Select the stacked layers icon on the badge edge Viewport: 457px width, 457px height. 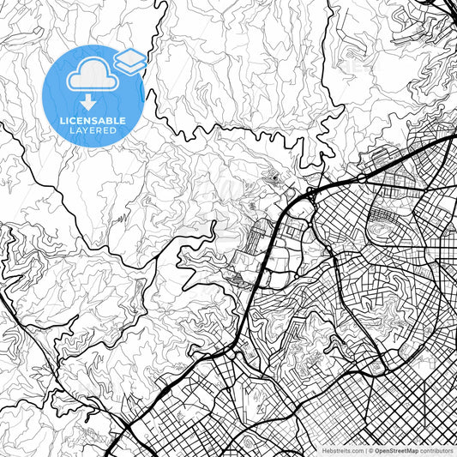[x=130, y=61]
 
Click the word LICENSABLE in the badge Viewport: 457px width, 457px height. [x=93, y=121]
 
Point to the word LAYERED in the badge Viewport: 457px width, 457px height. [x=93, y=130]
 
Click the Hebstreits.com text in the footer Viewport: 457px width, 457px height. [x=343, y=449]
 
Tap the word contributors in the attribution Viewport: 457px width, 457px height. [x=436, y=449]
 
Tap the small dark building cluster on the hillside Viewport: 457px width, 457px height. [x=274, y=179]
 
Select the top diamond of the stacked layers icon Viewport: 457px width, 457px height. [x=130, y=57]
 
